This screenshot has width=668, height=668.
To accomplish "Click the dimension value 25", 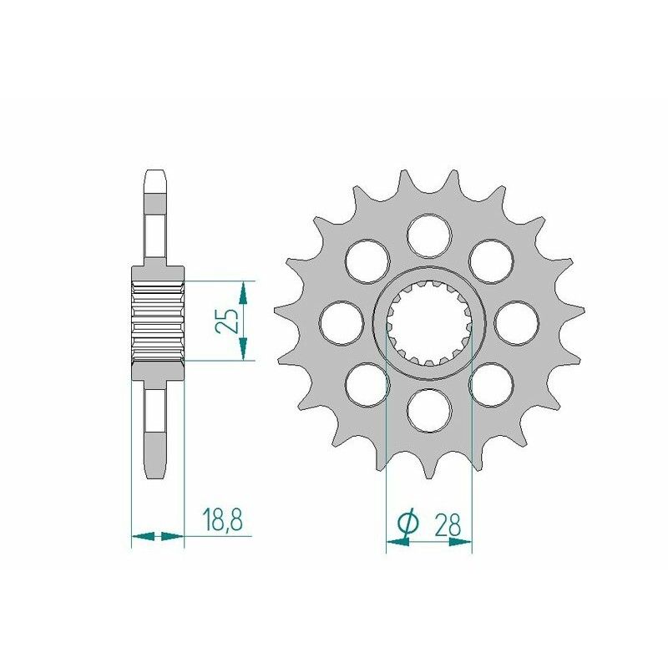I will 226,321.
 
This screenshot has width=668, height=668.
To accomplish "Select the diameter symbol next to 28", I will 407,524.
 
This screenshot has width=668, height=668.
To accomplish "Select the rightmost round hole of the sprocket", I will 517,321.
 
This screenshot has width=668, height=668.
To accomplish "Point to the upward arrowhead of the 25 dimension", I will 243,291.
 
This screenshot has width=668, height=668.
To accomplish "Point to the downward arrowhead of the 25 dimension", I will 243,350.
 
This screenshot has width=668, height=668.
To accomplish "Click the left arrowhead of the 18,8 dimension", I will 141,535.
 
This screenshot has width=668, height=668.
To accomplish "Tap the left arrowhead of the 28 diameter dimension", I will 397,541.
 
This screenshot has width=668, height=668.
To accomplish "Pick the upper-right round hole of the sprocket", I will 491,259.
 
